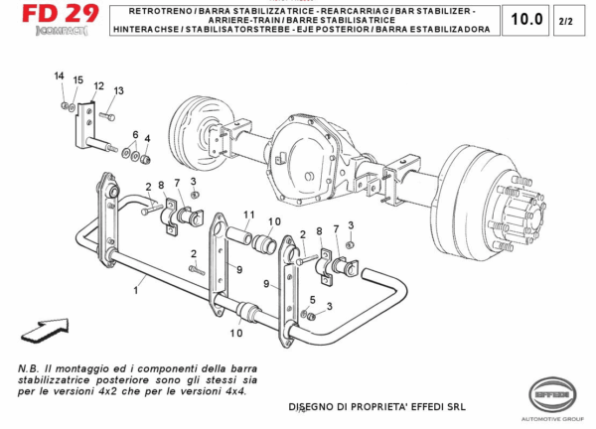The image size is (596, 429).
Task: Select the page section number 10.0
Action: coord(526,19)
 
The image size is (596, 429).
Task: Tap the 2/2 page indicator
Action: coord(566,20)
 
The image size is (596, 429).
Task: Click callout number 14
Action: coord(59,76)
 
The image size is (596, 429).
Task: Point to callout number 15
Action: coord(77,79)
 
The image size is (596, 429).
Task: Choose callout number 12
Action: coord(98,86)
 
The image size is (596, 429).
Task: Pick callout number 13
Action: coord(118,90)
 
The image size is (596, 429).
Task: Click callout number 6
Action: coord(135,134)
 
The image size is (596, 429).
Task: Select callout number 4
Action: coord(147,138)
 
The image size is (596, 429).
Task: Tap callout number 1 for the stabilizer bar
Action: coord(136,290)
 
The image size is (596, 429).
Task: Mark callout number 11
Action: coord(249,214)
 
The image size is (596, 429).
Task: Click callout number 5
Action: coord(314,299)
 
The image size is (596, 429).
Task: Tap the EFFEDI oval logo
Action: coord(552,394)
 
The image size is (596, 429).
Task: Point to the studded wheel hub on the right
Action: coord(519,210)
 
